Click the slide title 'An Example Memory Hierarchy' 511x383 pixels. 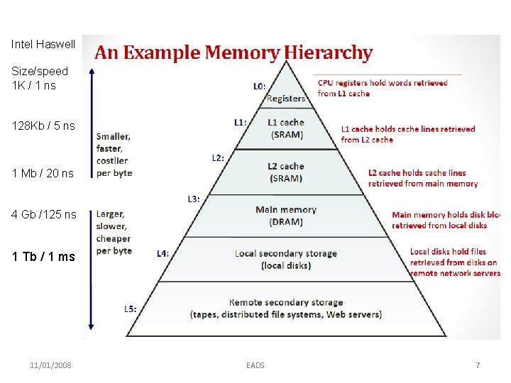[233, 53]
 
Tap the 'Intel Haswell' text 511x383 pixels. [43, 44]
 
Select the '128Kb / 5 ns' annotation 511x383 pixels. [43, 126]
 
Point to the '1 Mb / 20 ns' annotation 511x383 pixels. [43, 173]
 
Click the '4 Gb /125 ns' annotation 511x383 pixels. [44, 214]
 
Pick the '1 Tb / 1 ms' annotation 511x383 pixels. [43, 257]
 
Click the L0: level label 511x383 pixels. [260, 86]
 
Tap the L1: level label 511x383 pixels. [240, 122]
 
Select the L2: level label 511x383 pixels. [218, 157]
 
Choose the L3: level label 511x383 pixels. [193, 199]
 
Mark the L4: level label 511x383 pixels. [163, 252]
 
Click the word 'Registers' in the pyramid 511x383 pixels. [286, 99]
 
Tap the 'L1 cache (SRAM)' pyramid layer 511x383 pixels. [286, 128]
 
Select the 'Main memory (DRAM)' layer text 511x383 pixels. [286, 216]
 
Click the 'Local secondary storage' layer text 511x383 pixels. [286, 259]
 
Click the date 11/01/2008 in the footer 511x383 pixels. [50, 365]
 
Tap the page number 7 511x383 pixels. [478, 365]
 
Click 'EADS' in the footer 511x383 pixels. [255, 365]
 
